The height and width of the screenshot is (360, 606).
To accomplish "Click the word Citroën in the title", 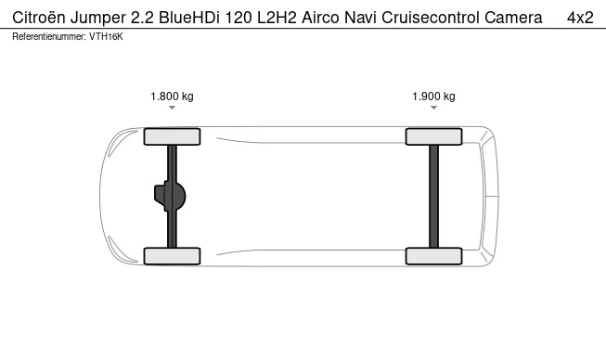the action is click(x=39, y=18).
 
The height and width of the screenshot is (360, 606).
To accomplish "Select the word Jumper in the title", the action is click(x=98, y=19).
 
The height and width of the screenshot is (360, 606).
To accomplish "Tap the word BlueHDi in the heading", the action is click(x=189, y=18).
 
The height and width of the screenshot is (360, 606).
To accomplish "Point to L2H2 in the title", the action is click(x=277, y=18).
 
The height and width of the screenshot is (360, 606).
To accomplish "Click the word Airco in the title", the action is click(x=321, y=18).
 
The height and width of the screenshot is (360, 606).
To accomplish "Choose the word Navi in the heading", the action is click(x=360, y=18).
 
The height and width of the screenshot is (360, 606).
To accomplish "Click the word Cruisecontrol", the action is click(x=431, y=18).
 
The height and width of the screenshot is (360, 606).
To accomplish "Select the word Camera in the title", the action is click(x=513, y=18).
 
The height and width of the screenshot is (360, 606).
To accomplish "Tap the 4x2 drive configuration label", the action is click(x=580, y=18).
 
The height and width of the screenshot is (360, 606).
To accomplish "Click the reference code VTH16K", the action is click(x=106, y=37).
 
